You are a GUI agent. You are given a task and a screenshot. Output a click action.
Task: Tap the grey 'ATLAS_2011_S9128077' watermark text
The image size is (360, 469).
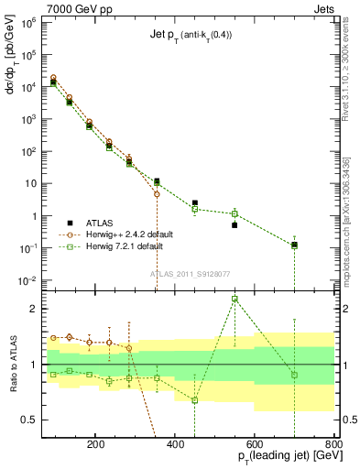pyautogui.click(x=189, y=272)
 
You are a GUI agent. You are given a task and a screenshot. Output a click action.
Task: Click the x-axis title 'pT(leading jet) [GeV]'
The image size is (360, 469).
pyautogui.click(x=278, y=455)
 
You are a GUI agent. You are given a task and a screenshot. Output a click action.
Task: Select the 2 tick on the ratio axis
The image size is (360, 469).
pyautogui.click(x=32, y=309)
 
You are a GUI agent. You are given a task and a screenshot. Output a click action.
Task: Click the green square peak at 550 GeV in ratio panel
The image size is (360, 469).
pyautogui.click(x=235, y=299)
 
